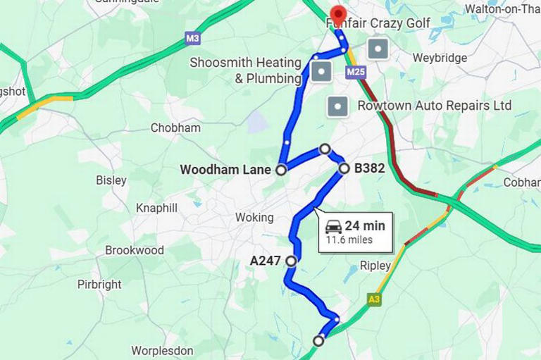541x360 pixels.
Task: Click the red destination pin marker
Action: [x=337, y=14]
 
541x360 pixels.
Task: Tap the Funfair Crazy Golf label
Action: [x=378, y=23]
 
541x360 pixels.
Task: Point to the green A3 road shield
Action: [x=374, y=300]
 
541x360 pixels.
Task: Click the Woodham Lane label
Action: [x=225, y=170]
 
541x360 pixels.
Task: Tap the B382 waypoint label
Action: [x=369, y=168]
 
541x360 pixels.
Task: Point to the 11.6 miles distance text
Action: [x=349, y=240]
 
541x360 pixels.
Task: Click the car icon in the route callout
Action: [x=333, y=226]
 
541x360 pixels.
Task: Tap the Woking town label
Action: [x=254, y=218]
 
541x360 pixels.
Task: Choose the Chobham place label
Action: [x=175, y=128]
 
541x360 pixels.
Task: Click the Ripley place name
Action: [x=375, y=266]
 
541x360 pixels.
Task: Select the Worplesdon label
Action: [x=162, y=350]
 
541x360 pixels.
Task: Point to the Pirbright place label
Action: [x=99, y=285]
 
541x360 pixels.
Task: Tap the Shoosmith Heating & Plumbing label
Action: [x=245, y=70]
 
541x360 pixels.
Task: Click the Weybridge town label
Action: [x=440, y=58]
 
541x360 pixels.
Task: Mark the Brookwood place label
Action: [x=135, y=250]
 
